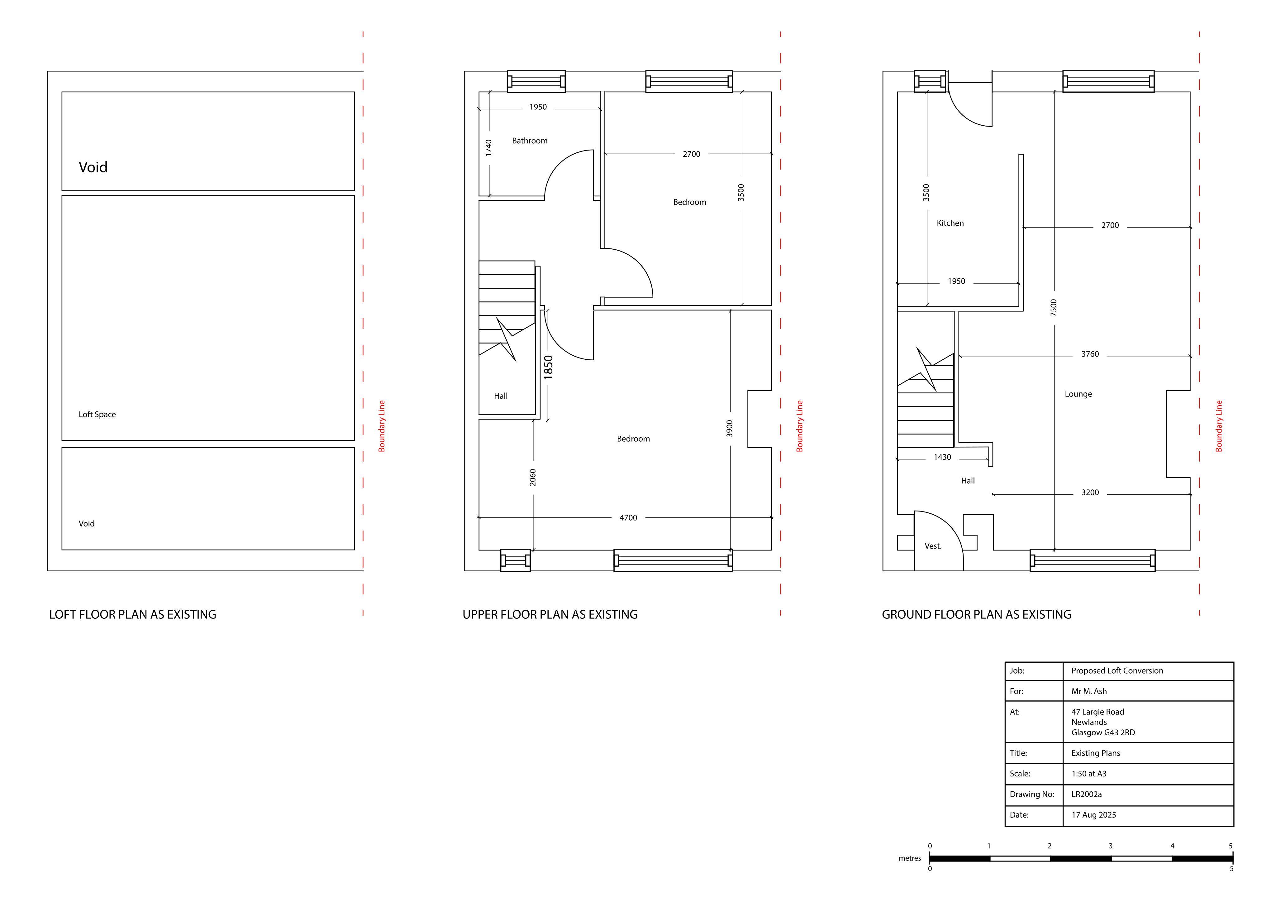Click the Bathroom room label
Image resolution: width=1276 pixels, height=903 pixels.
(x=530, y=141)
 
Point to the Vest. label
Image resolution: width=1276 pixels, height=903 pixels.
(x=933, y=546)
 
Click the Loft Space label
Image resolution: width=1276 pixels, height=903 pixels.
(x=97, y=414)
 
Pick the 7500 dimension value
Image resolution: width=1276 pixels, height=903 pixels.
(x=1054, y=308)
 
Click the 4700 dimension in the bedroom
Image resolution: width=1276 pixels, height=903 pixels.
(x=629, y=518)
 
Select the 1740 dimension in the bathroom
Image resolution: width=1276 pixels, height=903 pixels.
(x=488, y=147)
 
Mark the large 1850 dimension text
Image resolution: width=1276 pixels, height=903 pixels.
(x=549, y=367)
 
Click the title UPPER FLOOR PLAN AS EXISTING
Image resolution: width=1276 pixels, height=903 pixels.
(x=550, y=614)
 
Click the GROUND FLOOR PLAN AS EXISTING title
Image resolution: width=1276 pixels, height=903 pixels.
(x=976, y=614)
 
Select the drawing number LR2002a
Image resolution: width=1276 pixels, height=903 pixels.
(x=1087, y=794)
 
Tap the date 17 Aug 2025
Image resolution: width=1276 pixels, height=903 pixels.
(x=1094, y=814)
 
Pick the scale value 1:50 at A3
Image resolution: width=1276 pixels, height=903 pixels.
(x=1089, y=773)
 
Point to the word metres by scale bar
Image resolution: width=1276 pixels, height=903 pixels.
(x=910, y=858)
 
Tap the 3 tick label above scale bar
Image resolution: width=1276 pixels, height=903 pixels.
(x=1110, y=846)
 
